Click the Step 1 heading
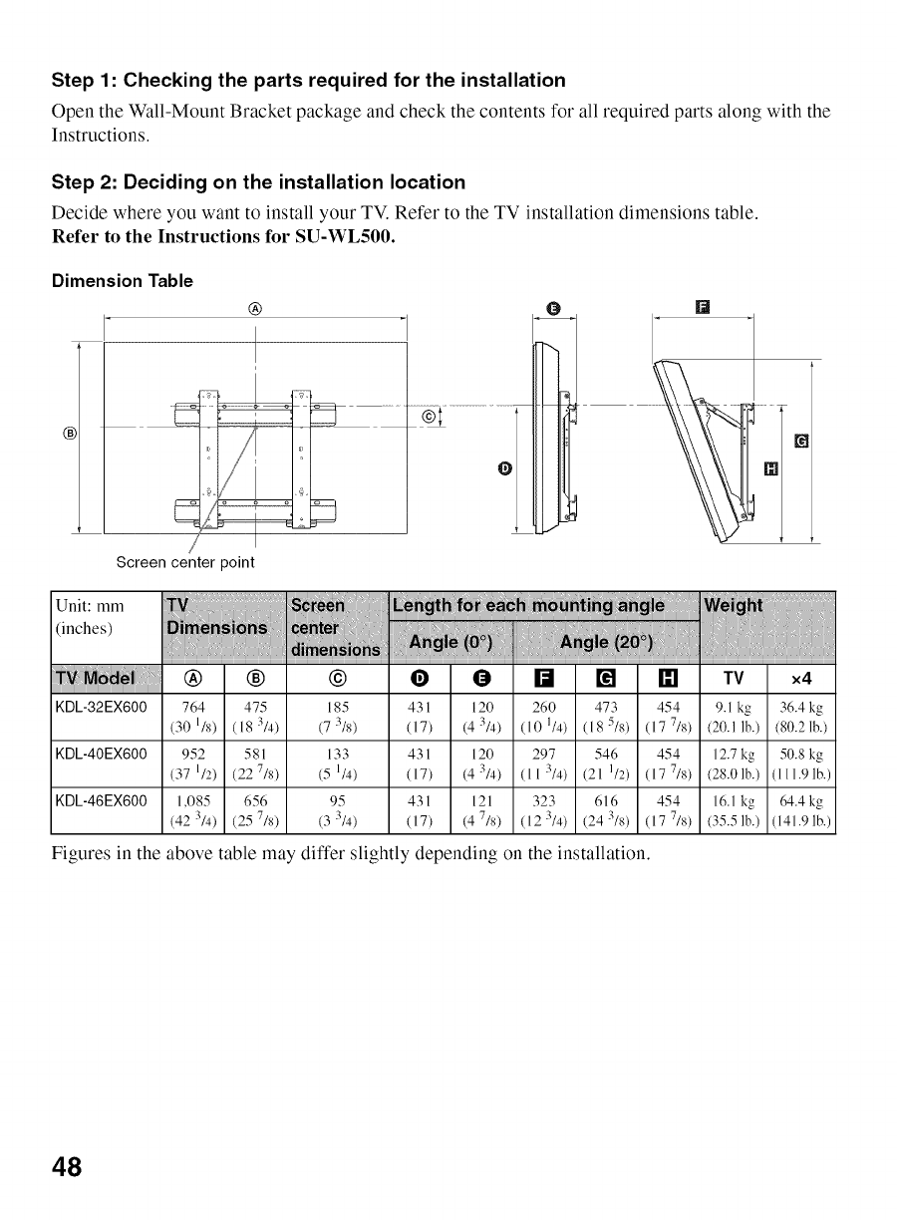309,80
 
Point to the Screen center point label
185,562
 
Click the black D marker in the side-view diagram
505,468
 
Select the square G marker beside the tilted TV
800,442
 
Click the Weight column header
734,606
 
